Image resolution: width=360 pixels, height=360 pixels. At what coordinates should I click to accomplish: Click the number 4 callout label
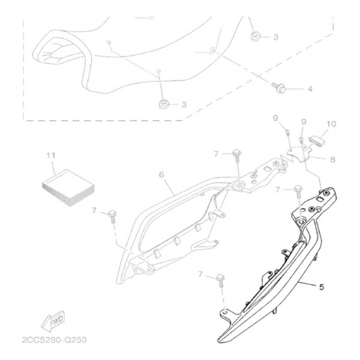[310, 89]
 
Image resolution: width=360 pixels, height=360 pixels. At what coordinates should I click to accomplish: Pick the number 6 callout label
[161, 175]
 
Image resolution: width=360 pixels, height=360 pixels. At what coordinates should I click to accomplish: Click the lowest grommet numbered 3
[163, 104]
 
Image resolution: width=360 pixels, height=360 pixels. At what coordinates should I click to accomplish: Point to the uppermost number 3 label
[275, 37]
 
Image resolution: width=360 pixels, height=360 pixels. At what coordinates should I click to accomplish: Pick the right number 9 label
[304, 122]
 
